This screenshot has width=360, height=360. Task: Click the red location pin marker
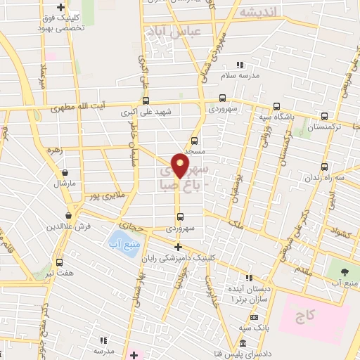coord(181,166)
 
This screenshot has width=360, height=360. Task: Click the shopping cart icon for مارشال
coord(65,172)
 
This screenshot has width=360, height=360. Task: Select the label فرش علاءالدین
coord(67,227)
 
